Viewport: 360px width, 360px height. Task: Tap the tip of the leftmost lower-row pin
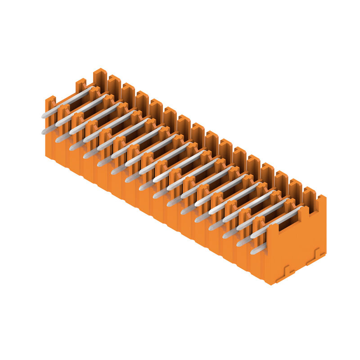(44, 131)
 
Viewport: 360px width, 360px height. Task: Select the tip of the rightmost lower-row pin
(253, 252)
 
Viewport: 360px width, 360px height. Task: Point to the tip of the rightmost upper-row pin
(253, 235)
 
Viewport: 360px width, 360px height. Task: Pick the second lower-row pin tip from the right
(239, 243)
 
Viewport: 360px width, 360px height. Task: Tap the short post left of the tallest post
(81, 85)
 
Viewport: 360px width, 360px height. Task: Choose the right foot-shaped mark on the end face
(316, 255)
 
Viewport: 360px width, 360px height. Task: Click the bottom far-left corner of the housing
(46, 155)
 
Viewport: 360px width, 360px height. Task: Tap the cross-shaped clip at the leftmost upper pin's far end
(93, 93)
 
